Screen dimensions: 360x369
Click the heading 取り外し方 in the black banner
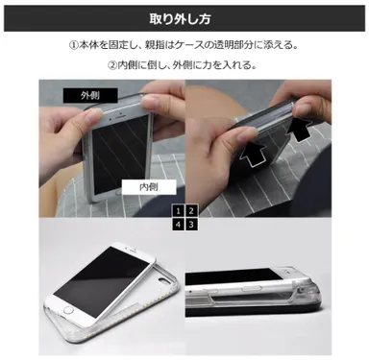point(184,18)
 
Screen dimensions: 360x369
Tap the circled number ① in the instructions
point(73,45)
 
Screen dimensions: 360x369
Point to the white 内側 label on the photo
point(150,186)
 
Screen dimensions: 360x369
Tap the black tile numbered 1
point(178,210)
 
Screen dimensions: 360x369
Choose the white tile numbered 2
point(191,210)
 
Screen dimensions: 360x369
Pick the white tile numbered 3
point(191,224)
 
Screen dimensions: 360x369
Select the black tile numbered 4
point(178,224)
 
